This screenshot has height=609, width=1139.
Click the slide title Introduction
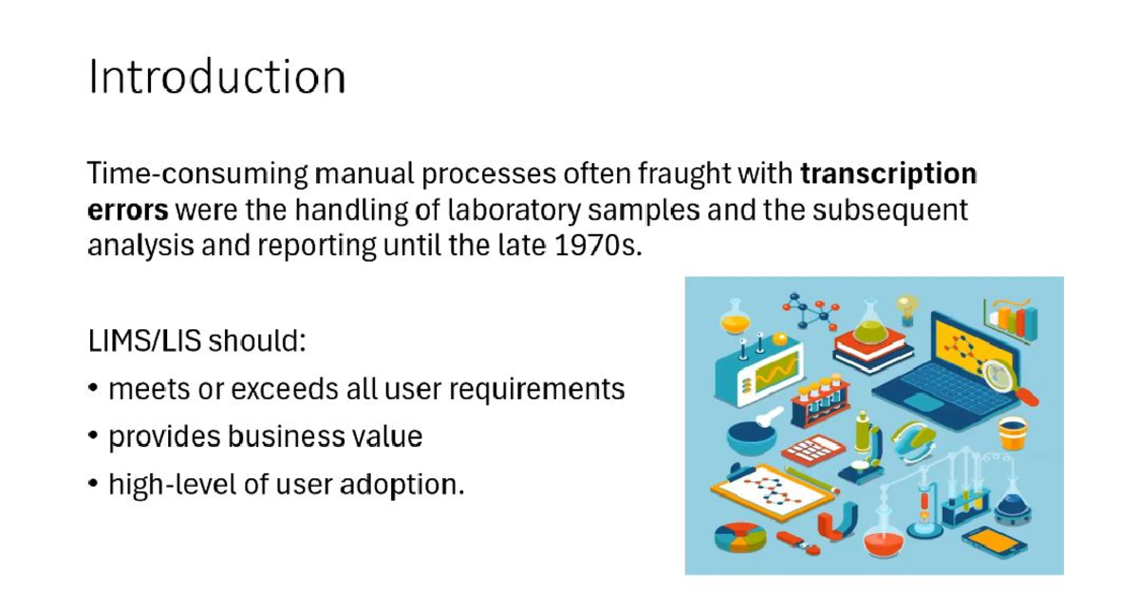216,77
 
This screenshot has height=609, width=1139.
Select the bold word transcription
888,175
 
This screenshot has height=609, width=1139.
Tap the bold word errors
127,209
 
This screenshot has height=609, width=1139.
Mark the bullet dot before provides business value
93,436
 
